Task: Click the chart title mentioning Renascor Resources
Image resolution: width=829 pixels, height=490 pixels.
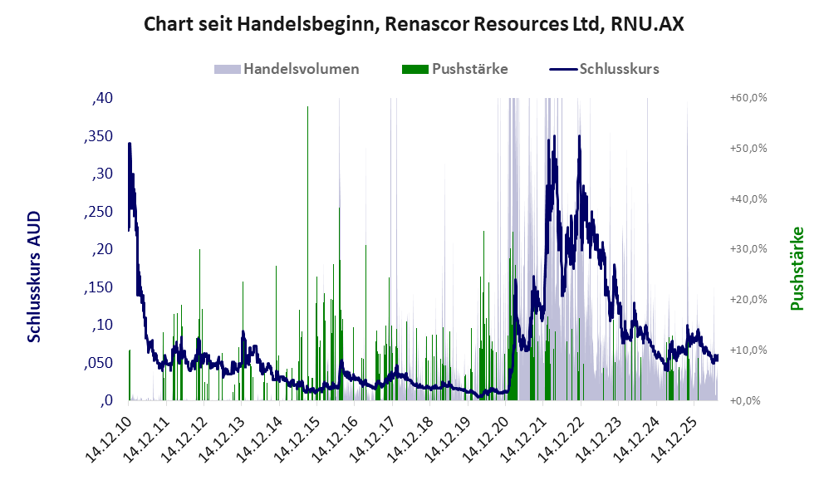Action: [414, 24]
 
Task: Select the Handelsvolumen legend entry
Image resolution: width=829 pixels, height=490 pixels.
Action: [287, 69]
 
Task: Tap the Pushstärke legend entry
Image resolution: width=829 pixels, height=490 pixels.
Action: [454, 69]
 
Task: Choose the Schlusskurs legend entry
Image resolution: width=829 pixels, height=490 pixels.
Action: [604, 69]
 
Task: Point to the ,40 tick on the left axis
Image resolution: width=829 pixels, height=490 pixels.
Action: [102, 98]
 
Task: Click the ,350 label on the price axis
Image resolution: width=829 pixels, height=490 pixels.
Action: [98, 136]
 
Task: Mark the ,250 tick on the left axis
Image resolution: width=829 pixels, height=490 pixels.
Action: [98, 212]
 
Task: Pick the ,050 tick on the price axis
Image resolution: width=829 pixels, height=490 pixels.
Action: [98, 363]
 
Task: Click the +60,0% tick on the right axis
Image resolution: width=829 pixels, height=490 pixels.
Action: [748, 98]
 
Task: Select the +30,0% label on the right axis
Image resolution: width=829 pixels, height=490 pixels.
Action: [748, 249]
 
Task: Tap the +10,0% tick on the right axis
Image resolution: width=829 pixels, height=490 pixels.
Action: [748, 350]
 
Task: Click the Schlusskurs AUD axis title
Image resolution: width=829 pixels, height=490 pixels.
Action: [34, 277]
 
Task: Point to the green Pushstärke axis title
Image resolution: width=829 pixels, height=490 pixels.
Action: [797, 268]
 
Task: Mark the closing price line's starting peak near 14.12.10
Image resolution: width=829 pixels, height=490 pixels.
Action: [130, 144]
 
